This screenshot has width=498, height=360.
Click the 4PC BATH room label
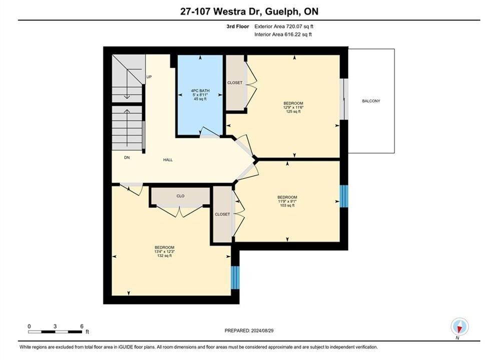[200, 90]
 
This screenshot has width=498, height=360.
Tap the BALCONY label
[371, 101]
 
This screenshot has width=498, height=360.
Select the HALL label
[168, 160]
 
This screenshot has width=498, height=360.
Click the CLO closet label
[180, 196]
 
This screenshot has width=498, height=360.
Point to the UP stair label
[149, 77]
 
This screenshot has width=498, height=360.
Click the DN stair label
[127, 157]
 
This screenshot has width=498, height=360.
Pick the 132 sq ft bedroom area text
[165, 255]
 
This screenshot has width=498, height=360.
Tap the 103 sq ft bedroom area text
[287, 205]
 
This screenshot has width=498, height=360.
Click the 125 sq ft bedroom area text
[293, 111]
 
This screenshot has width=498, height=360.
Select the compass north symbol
[459, 326]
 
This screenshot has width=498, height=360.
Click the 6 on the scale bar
[82, 326]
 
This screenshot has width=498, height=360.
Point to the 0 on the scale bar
[29, 326]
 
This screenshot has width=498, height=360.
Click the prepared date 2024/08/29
[262, 330]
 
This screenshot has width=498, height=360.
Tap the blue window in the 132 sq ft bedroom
[235, 277]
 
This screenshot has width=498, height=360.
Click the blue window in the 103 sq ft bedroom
[344, 196]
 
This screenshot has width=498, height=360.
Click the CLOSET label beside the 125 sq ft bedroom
[235, 83]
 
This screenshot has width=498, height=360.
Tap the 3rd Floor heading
[238, 26]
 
